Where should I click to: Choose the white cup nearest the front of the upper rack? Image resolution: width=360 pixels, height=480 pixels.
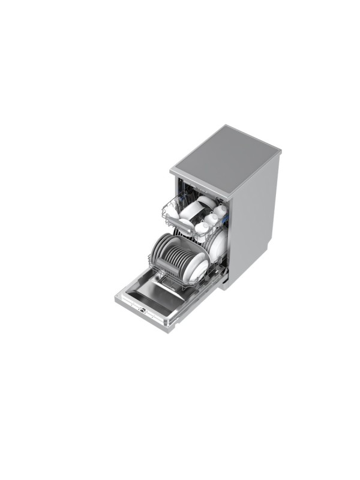pyautogui.click(x=202, y=228)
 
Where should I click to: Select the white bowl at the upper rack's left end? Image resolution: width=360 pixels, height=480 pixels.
pyautogui.click(x=172, y=211)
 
